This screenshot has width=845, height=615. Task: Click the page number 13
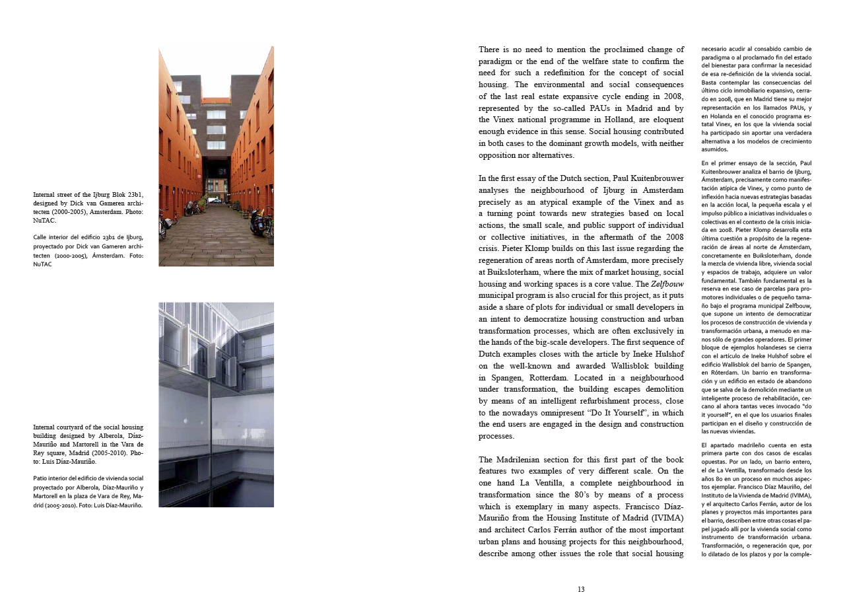pyautogui.click(x=581, y=589)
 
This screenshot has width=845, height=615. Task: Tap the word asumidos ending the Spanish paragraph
pyautogui.click(x=715, y=149)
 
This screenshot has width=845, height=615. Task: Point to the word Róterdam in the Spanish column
pyautogui.click(x=726, y=372)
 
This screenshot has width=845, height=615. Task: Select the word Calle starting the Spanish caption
pyautogui.click(x=41, y=236)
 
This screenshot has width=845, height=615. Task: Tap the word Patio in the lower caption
pyautogui.click(x=41, y=478)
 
